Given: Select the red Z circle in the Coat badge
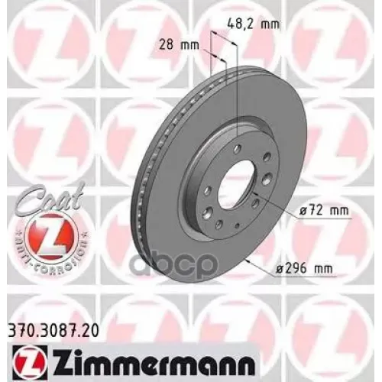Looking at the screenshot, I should (46, 229).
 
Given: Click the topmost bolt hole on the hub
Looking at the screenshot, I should (238, 147).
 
